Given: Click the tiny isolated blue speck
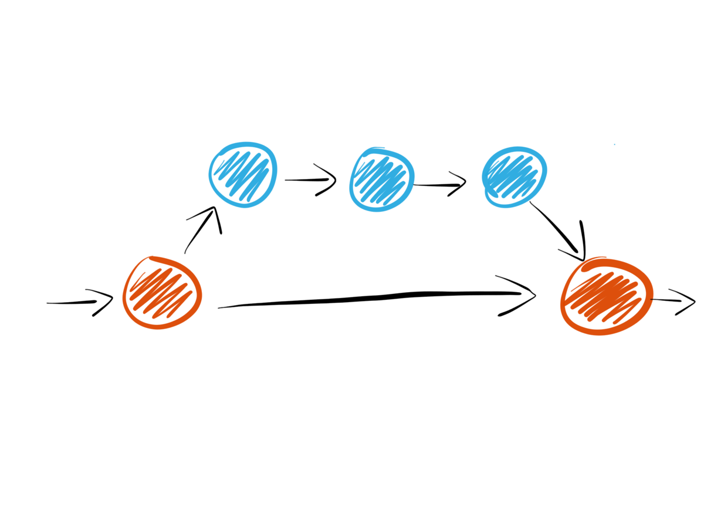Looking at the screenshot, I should (614, 144).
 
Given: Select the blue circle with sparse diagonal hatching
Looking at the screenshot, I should (242, 174).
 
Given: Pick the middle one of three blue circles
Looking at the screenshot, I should (381, 179).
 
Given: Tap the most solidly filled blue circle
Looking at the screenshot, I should (514, 176).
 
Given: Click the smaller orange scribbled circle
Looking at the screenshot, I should (162, 292).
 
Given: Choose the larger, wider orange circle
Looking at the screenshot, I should (606, 296).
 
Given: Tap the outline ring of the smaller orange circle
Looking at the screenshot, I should (125, 293).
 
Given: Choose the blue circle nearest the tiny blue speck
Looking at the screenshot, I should (514, 176).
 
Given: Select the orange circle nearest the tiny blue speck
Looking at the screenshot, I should (606, 296).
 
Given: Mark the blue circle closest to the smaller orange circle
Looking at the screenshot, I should (242, 174).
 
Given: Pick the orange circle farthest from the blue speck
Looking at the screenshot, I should (162, 292).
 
